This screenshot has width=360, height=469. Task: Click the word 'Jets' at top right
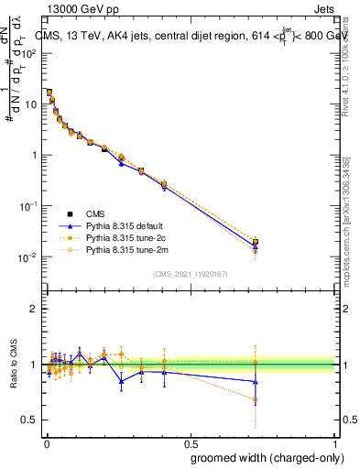(x=322, y=11)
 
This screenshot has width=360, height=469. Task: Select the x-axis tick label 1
(x=336, y=443)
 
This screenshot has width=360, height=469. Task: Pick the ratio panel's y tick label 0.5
(x=30, y=420)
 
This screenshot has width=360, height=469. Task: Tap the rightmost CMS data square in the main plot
(x=256, y=242)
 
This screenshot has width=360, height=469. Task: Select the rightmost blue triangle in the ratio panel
(x=256, y=381)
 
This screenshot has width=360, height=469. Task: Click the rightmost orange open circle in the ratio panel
(x=256, y=400)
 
